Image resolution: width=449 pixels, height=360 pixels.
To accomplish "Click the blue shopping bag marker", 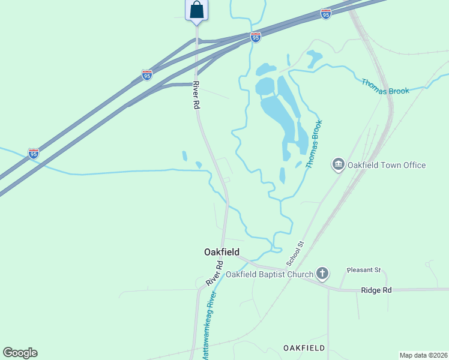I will [196, 10].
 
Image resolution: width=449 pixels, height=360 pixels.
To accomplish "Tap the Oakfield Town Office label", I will [388, 165].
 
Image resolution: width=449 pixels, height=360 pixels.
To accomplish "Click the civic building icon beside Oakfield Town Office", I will [339, 164].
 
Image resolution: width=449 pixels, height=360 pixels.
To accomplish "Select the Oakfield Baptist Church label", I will [270, 275].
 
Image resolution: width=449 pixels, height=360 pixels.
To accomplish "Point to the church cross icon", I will [322, 274].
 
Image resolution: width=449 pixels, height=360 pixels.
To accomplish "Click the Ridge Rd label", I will [376, 290].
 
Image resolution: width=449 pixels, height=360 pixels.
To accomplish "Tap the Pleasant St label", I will [366, 271].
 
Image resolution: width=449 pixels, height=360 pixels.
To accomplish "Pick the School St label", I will [296, 254].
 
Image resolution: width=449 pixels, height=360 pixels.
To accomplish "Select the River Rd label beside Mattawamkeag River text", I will [214, 273].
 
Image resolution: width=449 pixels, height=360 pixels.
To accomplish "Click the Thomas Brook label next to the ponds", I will [314, 144].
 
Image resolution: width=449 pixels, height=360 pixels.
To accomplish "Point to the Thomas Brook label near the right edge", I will [385, 86].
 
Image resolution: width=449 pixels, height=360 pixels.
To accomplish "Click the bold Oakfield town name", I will [221, 253].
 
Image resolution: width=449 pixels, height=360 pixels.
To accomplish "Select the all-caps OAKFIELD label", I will [304, 348].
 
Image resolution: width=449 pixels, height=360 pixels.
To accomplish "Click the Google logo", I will [20, 353].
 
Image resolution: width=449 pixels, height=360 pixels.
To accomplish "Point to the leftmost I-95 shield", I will [34, 154].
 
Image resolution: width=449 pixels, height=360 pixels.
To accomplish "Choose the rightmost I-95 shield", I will [326, 13].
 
